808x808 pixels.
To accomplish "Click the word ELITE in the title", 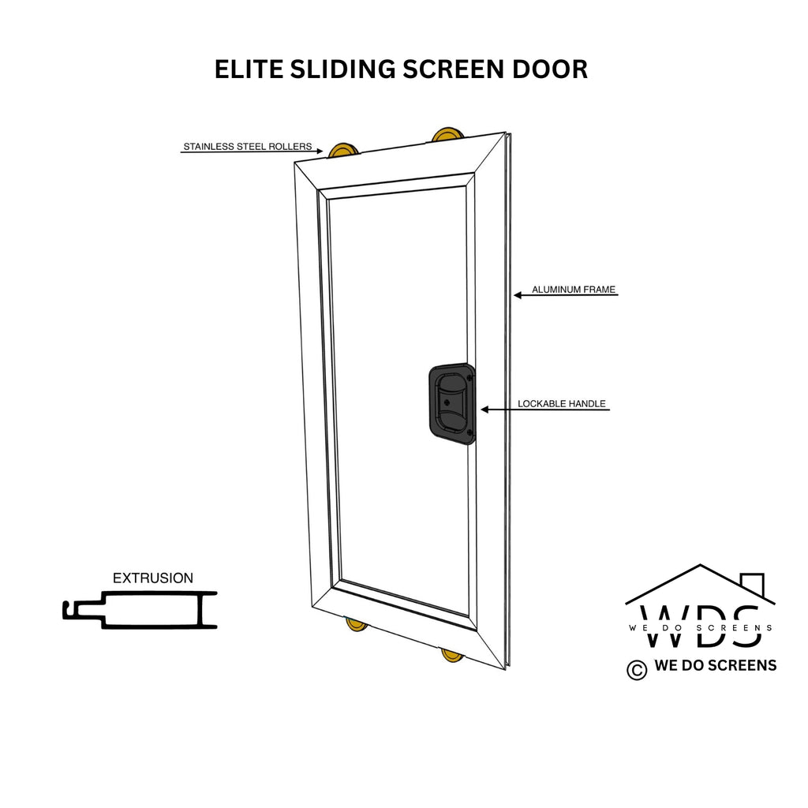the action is (x=249, y=69).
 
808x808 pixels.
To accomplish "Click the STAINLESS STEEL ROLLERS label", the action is (x=248, y=146).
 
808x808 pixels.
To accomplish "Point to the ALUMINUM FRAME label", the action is (x=574, y=290).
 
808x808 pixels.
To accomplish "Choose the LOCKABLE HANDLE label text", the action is (x=562, y=404).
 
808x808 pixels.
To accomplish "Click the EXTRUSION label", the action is (x=153, y=578).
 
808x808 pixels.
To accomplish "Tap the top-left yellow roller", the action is (x=342, y=151).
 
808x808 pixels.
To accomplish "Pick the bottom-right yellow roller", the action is (x=453, y=656).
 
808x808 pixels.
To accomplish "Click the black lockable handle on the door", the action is (x=452, y=404).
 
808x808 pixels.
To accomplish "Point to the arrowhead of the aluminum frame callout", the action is (x=518, y=295).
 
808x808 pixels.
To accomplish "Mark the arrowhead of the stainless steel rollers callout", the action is (x=320, y=151).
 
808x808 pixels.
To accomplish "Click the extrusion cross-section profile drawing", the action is (x=140, y=610).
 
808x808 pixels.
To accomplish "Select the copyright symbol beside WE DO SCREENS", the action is (x=637, y=670).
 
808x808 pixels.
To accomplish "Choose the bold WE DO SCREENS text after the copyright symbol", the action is (x=715, y=665).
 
